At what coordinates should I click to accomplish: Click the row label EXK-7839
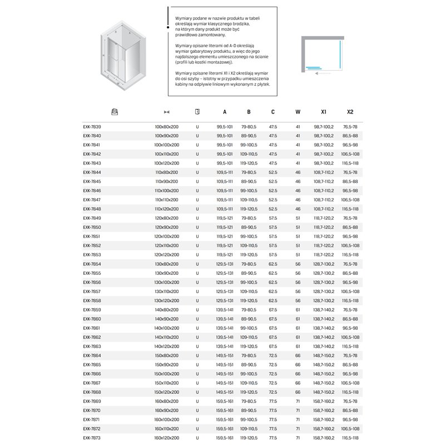[x=92, y=126]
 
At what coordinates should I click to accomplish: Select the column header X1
[x=324, y=112]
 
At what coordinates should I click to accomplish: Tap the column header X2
[x=350, y=112]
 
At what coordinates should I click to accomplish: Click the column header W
[x=298, y=112]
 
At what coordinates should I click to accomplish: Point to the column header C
[x=273, y=112]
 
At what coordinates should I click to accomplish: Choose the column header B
[x=249, y=112]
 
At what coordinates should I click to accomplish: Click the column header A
[x=225, y=112]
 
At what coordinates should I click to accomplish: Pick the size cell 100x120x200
[x=167, y=163]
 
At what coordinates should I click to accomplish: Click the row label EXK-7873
[x=92, y=438]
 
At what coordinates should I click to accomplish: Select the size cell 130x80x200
[x=167, y=264]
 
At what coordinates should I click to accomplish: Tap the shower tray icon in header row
[x=115, y=112]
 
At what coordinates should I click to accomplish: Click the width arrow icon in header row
[x=166, y=112]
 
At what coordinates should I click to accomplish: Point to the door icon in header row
[x=197, y=112]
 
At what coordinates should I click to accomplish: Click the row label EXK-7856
[x=92, y=282]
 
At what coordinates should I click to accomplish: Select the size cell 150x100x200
[x=167, y=374]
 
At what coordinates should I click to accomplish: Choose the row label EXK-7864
[x=92, y=355]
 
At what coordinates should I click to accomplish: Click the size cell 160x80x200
[x=167, y=401]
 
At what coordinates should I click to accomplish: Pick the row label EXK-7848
[x=92, y=209]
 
